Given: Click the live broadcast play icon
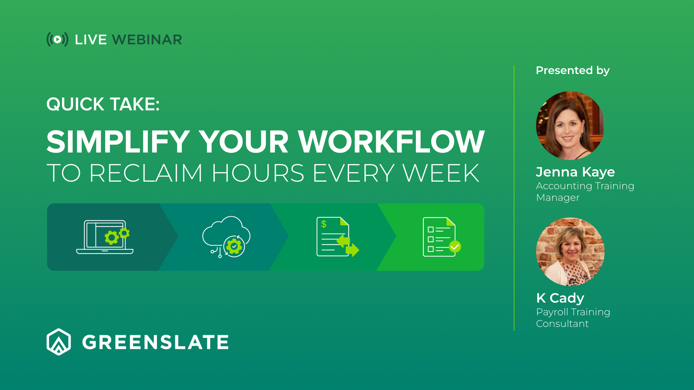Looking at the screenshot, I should coord(58,39).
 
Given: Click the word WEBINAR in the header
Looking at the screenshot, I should coord(147,40).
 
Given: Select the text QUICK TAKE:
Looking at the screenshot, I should coord(103,104).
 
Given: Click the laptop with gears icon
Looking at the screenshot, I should coord(105,237).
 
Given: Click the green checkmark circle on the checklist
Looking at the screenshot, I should coord(455,246).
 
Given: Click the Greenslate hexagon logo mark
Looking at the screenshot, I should coord(59,342).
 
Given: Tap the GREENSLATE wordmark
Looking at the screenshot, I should coord(155,342).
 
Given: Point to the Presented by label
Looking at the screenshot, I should coord(572,70).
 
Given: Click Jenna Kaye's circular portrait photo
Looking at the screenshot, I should coord(570,125).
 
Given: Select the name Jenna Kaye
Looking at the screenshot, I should coord(575,172).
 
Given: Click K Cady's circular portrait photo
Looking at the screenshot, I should coord(570,252).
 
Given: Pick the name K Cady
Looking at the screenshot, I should coord(560,298).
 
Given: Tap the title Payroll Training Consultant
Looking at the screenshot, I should coord(573,318).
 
